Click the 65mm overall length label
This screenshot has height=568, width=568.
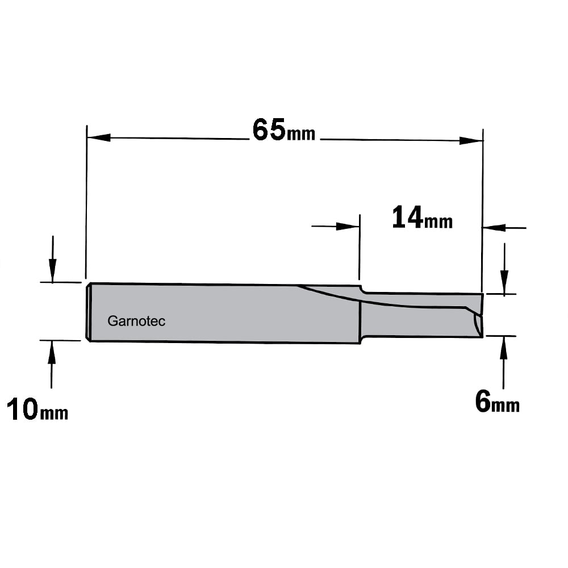click(x=283, y=130)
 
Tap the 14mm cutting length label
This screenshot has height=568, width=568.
click(x=422, y=217)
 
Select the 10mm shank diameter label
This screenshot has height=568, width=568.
click(x=37, y=409)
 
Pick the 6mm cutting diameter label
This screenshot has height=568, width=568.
click(x=498, y=402)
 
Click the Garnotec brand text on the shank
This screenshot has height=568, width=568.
click(x=136, y=321)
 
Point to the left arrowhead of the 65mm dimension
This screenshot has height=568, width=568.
click(x=99, y=137)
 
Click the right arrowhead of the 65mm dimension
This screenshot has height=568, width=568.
click(x=471, y=140)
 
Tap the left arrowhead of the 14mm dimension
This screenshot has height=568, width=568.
click(x=348, y=227)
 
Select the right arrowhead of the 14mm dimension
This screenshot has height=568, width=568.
click(x=494, y=228)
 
